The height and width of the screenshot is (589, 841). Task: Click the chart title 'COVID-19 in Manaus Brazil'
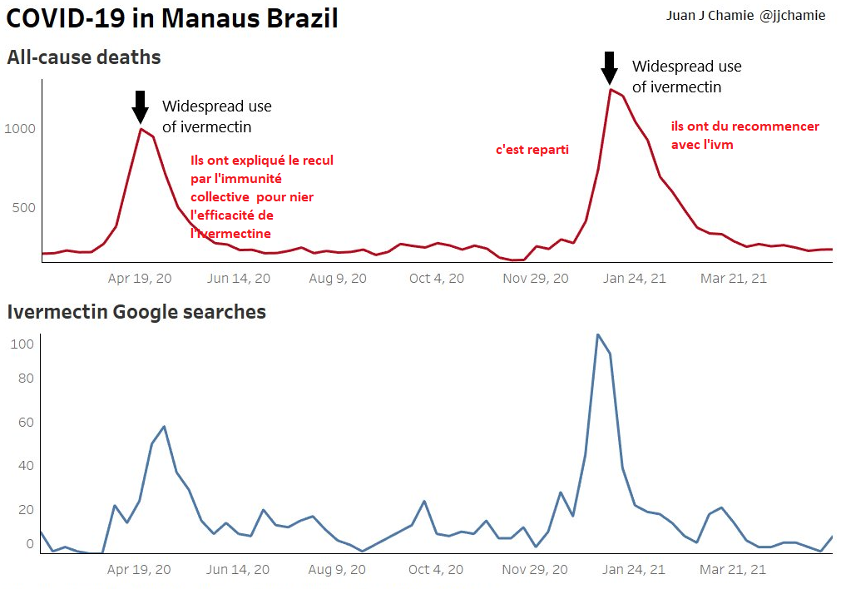[x=172, y=18]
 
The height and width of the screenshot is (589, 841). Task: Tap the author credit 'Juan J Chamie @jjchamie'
[x=745, y=16]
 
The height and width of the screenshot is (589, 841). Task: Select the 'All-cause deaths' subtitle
[x=84, y=57]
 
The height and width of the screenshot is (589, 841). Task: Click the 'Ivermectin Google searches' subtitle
[x=136, y=312]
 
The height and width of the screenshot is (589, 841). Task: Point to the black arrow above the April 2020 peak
[x=141, y=106]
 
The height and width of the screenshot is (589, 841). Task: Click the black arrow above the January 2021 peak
[x=610, y=67]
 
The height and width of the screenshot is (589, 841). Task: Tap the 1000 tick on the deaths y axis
[x=19, y=129]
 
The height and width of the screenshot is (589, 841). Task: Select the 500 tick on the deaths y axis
[x=22, y=207]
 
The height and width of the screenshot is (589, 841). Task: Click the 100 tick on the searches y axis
[x=22, y=344]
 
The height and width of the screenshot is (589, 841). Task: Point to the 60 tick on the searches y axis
[x=26, y=423]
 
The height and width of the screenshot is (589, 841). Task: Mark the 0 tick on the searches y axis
[x=29, y=545]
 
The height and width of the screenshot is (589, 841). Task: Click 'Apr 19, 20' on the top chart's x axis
[x=140, y=279]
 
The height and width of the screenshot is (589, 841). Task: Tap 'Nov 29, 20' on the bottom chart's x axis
[x=536, y=570]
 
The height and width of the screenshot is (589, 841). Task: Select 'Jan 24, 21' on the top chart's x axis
[x=634, y=279]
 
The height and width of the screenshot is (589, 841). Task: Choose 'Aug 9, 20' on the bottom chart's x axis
[x=338, y=570]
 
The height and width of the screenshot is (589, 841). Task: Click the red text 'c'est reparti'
[x=532, y=150]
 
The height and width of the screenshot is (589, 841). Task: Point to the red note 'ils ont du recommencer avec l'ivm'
[x=745, y=136]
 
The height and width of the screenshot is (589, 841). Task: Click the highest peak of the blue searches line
[x=597, y=334]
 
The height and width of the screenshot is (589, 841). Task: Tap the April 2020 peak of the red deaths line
[x=141, y=128]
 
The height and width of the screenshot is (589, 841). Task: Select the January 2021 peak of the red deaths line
[x=611, y=89]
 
